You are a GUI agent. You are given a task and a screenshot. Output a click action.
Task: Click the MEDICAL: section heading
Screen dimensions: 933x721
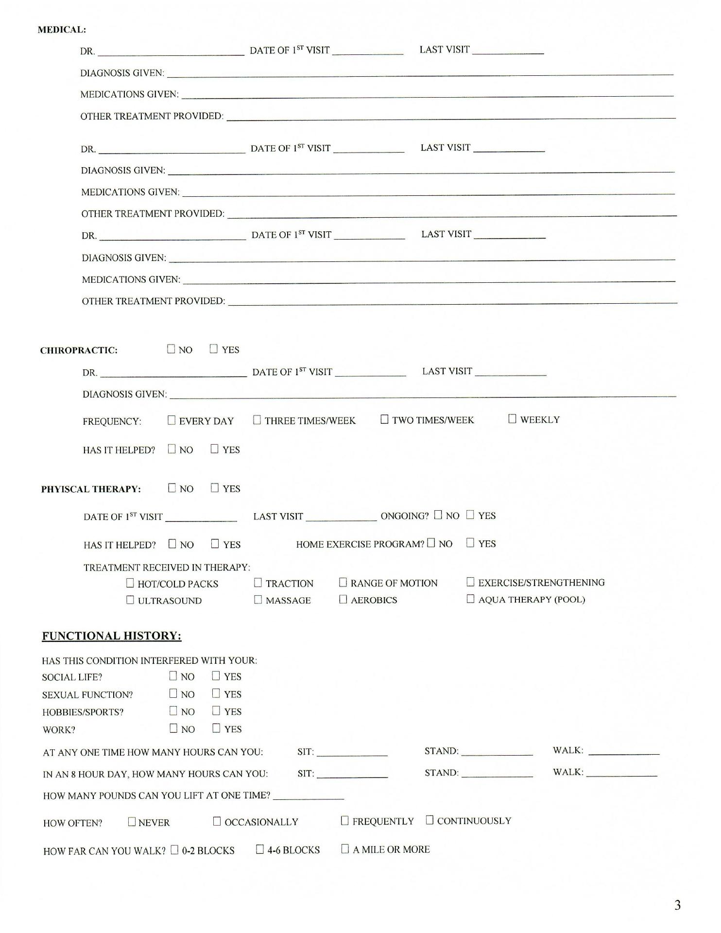click(62, 30)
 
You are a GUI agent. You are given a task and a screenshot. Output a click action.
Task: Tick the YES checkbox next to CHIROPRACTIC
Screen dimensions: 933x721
click(214, 349)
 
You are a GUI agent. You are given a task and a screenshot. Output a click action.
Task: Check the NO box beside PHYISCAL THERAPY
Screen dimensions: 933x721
click(172, 488)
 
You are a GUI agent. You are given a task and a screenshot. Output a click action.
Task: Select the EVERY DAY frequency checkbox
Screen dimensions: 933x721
click(172, 420)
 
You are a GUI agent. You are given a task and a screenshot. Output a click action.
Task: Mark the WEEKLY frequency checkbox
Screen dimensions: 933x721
click(512, 419)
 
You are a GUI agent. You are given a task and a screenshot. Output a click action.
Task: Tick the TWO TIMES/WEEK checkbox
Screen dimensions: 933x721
click(384, 419)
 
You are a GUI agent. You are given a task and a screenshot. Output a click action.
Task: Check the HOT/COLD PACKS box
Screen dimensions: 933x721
click(130, 583)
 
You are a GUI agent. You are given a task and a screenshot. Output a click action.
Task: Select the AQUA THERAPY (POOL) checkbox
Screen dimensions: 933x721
click(470, 599)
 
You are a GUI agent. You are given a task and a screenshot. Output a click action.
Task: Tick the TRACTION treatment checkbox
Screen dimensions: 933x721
click(258, 583)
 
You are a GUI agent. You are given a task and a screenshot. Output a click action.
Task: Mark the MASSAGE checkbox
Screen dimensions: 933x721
click(258, 600)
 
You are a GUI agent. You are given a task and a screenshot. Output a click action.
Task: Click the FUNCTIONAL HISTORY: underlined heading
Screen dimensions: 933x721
click(112, 636)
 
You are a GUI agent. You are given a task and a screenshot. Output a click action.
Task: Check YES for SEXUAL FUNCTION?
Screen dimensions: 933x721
click(216, 693)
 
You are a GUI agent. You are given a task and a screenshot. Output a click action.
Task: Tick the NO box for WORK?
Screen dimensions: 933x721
click(173, 728)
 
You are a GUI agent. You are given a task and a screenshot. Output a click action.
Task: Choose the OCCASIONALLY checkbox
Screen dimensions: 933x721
click(217, 821)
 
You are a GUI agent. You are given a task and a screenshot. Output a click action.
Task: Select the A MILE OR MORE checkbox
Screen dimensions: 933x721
click(345, 849)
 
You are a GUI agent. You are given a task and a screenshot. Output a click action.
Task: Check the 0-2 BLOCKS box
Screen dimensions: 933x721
click(174, 850)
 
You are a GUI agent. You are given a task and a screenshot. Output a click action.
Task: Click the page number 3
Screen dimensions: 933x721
click(677, 905)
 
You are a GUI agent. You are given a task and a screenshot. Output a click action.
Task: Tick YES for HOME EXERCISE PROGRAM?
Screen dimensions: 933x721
click(470, 543)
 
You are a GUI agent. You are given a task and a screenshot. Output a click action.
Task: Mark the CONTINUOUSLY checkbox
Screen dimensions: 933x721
click(429, 820)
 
